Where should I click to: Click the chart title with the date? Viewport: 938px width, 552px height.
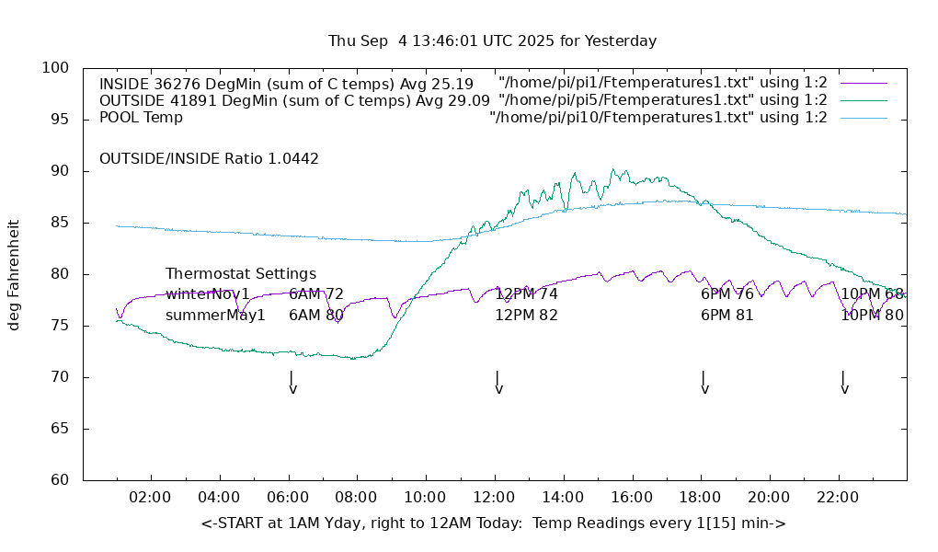(492, 41)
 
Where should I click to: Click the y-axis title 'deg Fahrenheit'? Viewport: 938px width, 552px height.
(15, 274)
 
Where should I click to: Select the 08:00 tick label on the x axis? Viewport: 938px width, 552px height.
(356, 498)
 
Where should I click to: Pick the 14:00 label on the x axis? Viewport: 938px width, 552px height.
(562, 498)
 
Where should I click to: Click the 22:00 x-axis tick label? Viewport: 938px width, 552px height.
(838, 498)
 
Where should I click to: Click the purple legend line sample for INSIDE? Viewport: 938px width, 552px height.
(864, 83)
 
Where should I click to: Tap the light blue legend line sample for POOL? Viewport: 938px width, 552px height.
(864, 118)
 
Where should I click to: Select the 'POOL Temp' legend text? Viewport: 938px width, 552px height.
(141, 118)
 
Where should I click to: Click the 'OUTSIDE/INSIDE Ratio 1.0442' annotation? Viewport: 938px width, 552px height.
(209, 159)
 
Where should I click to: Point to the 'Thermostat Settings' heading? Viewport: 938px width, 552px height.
(241, 274)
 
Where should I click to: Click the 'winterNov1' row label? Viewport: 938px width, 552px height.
(207, 294)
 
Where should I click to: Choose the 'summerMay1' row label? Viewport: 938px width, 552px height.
(215, 316)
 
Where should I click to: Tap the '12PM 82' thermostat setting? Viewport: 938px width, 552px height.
(526, 316)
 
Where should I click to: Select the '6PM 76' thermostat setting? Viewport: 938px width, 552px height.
(726, 294)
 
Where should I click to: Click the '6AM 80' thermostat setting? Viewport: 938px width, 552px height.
(316, 316)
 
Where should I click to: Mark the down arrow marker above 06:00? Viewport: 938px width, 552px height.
(292, 383)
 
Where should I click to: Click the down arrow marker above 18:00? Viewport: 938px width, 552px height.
(703, 383)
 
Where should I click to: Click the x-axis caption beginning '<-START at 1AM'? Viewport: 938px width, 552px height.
(493, 523)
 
